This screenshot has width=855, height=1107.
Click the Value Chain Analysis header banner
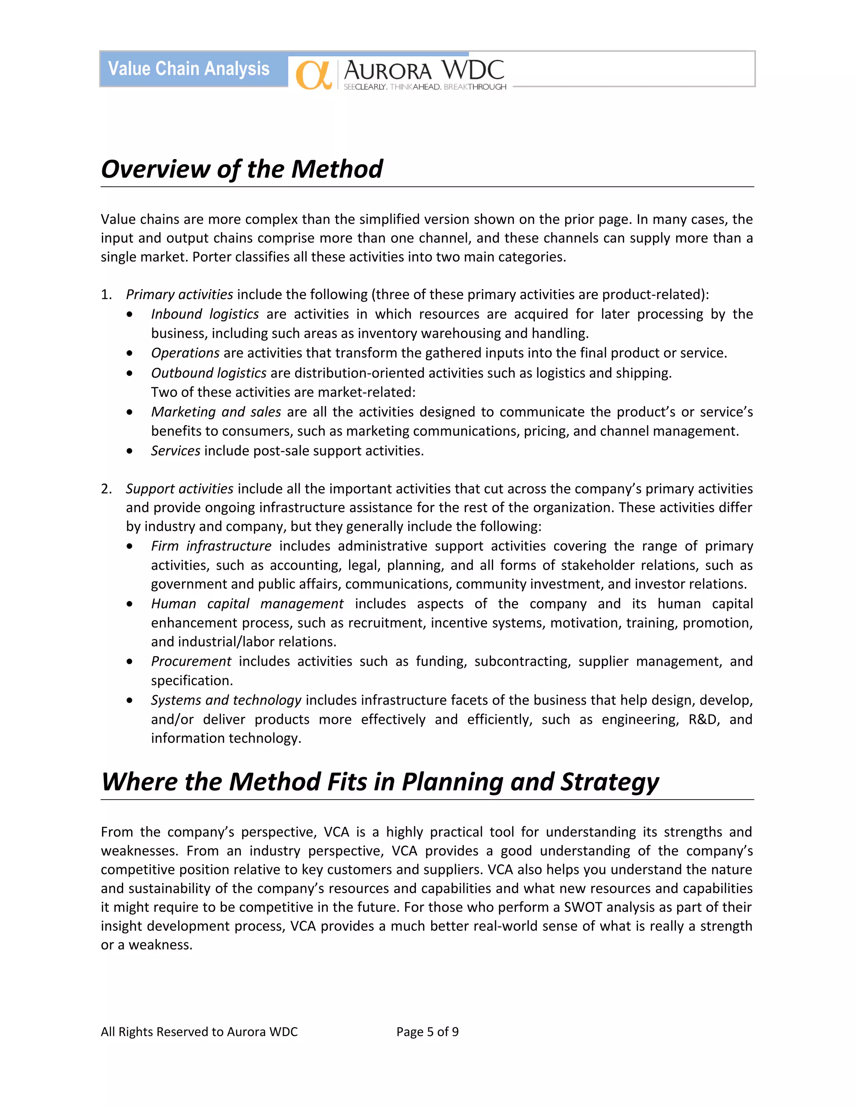click(189, 69)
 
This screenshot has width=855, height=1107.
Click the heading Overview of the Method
click(242, 169)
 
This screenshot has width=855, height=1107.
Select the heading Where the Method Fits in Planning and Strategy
click(379, 781)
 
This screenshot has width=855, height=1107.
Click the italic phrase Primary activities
click(179, 295)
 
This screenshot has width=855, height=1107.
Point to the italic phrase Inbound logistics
click(205, 314)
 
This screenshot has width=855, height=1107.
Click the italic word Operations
click(185, 353)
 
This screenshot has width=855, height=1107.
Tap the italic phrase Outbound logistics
click(209, 373)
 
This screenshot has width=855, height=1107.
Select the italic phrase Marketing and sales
click(216, 412)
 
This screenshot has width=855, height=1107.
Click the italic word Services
click(176, 451)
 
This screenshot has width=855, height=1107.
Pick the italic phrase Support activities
click(179, 489)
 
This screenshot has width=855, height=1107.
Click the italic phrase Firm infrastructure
click(211, 546)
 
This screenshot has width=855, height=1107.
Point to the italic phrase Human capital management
click(247, 604)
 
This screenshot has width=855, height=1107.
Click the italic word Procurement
click(191, 661)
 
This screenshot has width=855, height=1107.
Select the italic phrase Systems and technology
click(226, 700)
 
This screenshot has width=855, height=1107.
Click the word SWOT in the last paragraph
click(583, 907)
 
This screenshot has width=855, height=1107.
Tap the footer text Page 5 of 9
click(427, 1032)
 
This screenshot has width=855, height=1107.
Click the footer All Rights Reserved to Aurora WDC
click(199, 1032)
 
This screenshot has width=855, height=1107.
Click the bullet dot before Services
click(130, 451)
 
